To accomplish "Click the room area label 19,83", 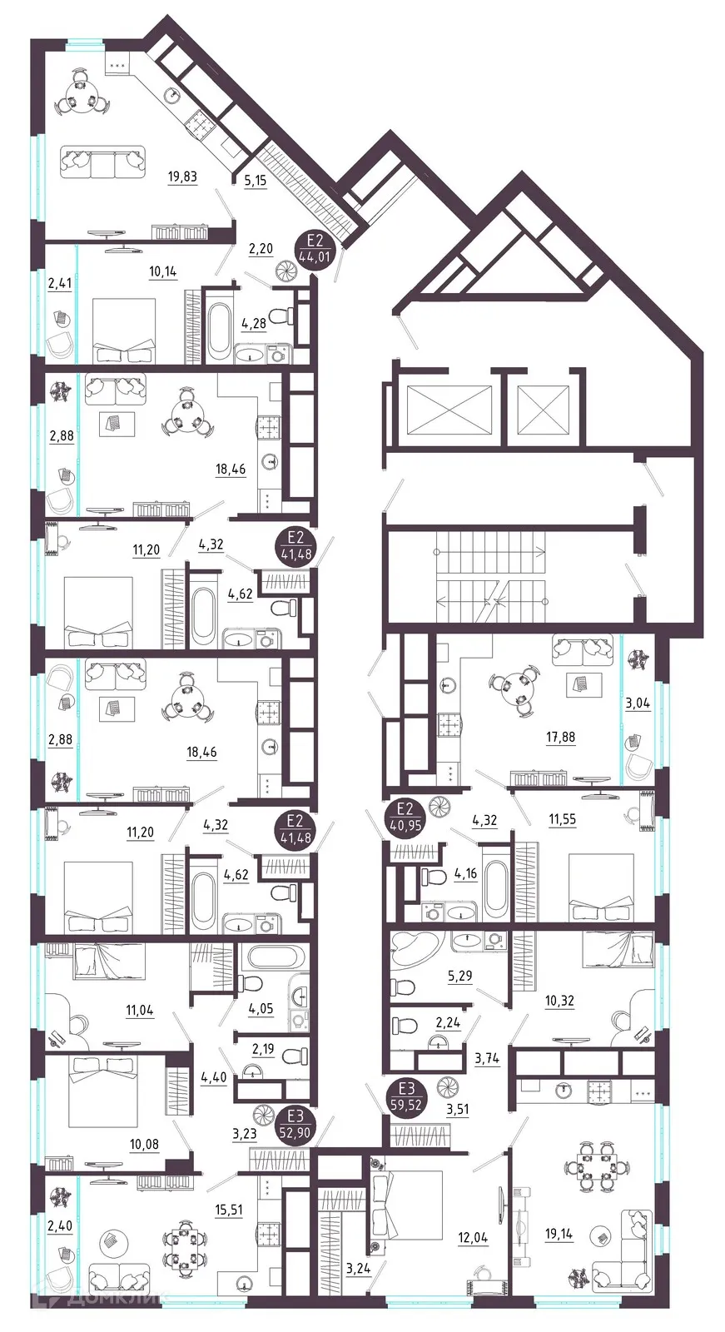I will pos(182,176).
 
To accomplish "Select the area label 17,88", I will pos(560,737).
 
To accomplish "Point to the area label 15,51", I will pos(227,1210).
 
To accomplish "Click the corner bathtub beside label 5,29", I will pos(414,953).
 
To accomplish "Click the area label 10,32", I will pos(559,1001).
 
